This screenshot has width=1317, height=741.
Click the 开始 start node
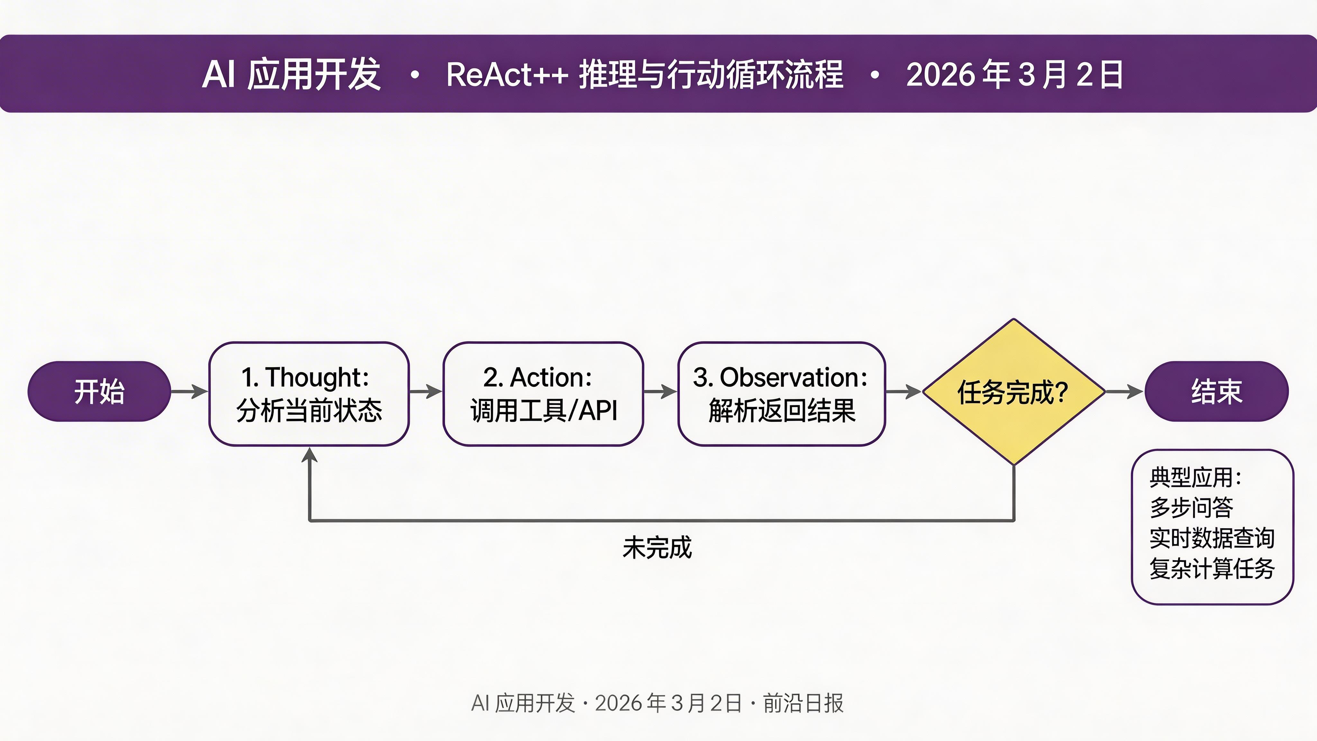click(x=99, y=392)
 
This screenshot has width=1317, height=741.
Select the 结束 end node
click(x=1216, y=392)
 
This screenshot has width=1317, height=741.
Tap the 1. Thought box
click(x=309, y=394)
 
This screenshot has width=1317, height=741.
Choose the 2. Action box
click(x=543, y=394)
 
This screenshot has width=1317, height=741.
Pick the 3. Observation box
click(x=781, y=394)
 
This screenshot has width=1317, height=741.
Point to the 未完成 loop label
click(x=657, y=548)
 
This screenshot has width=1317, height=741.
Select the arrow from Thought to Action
click(x=425, y=392)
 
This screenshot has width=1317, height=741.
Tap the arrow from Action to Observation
click(x=660, y=392)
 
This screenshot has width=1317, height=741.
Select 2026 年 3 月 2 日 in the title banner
click(x=1014, y=75)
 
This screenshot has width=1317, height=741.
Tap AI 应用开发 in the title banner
click(x=291, y=75)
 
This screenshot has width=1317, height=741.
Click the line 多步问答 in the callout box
click(x=1191, y=507)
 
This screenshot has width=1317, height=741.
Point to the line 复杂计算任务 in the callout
click(x=1212, y=569)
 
